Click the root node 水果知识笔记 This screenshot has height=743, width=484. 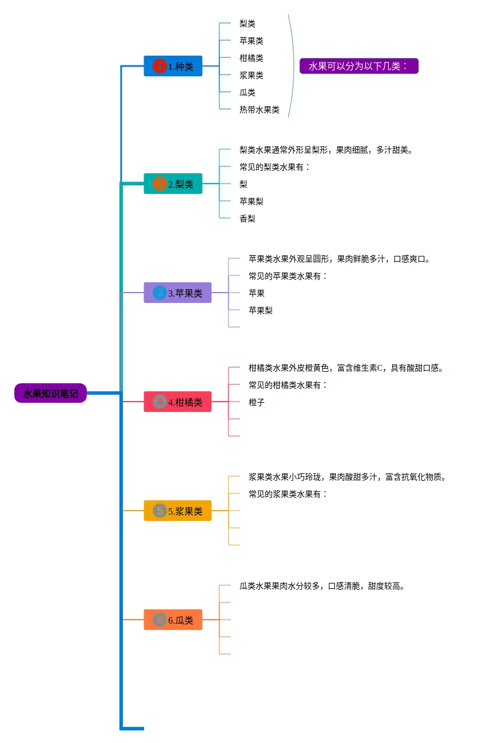point(51,393)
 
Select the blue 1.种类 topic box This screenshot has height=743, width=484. point(173,66)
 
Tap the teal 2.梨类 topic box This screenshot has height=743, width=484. point(173,184)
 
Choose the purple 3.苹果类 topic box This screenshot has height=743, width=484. point(177,293)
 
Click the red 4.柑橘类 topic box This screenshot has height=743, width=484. point(177,402)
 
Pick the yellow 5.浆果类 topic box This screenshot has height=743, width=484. point(177,511)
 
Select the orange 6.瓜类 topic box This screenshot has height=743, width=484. point(173,620)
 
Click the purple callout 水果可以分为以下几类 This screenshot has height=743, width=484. point(359,66)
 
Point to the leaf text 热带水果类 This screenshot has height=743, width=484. point(260,110)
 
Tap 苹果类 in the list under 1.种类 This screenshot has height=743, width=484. point(251,41)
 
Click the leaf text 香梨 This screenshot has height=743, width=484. point(247,219)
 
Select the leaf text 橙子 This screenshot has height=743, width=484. point(257,402)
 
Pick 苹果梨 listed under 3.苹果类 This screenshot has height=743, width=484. point(261,310)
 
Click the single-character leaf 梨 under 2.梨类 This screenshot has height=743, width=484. point(243,184)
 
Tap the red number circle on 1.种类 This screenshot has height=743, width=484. point(160,66)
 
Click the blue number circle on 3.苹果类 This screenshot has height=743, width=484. point(160,293)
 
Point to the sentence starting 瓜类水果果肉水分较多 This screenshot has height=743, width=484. point(322,586)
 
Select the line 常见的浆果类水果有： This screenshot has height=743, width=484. point(288,494)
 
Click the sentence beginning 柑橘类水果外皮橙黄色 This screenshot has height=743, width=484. point(346,368)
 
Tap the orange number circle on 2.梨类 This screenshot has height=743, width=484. point(160,184)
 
